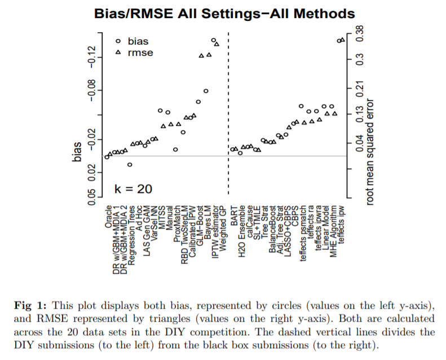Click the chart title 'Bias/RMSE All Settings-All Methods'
pyautogui.click(x=224, y=13)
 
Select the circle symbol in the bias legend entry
pyautogui.click(x=118, y=41)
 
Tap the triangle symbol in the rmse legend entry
pyautogui.click(x=118, y=52)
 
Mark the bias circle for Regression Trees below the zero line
pyautogui.click(x=130, y=165)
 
